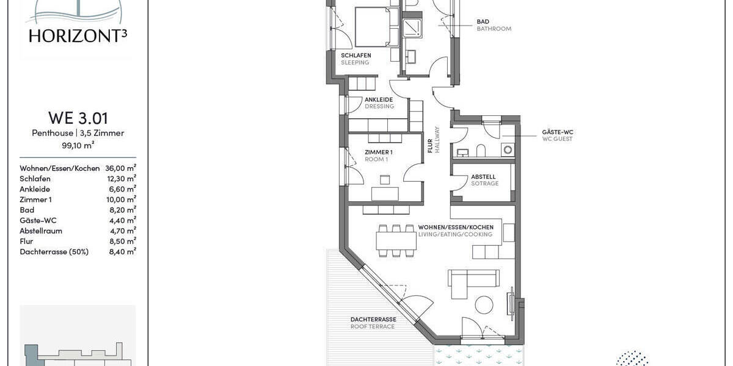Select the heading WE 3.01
tap(78, 118)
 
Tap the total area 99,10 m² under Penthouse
tap(78, 145)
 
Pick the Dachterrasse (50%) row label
tap(54, 251)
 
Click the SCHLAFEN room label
tap(356, 56)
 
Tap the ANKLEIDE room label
tap(379, 99)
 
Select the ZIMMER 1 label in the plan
tap(379, 152)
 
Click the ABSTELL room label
tap(483, 177)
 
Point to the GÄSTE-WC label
tap(557, 132)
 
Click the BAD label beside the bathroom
tap(483, 22)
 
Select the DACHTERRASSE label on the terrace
tap(373, 320)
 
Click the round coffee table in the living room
tap(484, 305)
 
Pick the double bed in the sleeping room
tap(371, 26)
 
